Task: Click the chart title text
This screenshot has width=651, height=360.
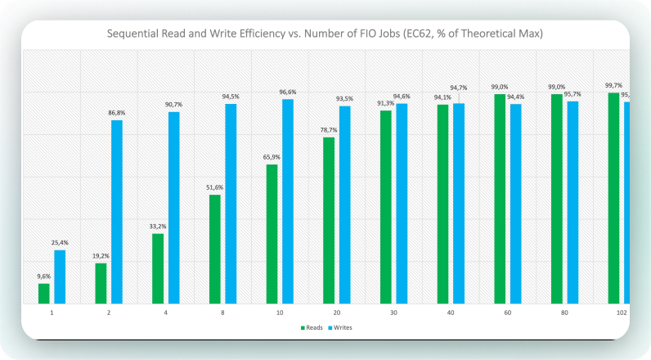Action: (325, 34)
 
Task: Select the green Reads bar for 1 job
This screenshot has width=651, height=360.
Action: (44, 294)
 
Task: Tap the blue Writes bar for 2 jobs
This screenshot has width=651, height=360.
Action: (117, 212)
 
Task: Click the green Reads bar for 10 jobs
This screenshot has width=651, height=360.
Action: (272, 234)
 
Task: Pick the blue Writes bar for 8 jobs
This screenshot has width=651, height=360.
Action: (231, 204)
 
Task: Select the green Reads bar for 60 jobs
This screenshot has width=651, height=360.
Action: (500, 199)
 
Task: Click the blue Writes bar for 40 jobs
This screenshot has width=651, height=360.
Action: (459, 204)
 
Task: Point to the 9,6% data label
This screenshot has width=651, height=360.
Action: (44, 277)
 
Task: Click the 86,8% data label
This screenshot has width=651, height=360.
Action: (117, 113)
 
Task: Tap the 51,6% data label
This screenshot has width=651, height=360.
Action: (214, 187)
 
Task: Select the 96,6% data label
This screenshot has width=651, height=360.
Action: (288, 92)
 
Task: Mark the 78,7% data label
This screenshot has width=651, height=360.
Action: (329, 130)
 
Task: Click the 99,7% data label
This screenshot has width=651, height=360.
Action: (613, 85)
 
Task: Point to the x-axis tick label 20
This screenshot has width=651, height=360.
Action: (337, 313)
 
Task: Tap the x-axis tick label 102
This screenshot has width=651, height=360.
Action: (622, 313)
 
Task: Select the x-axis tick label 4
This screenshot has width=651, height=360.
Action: (166, 313)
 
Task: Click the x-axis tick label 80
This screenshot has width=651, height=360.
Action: (565, 313)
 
